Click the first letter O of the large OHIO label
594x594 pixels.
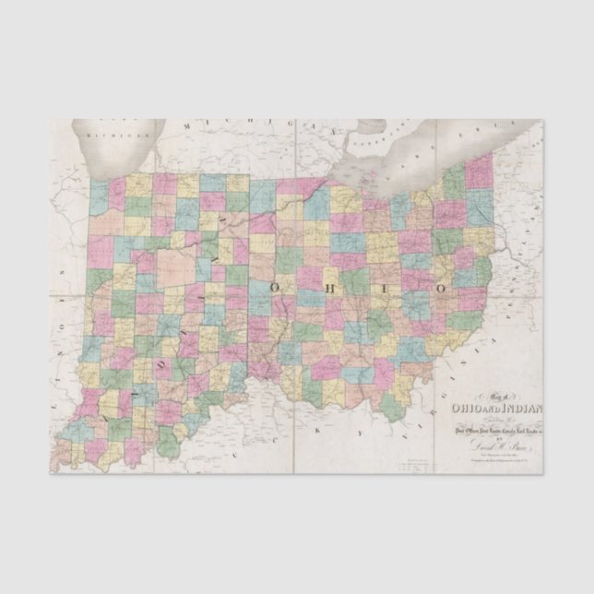(275, 289)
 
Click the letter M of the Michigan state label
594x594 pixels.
(185, 125)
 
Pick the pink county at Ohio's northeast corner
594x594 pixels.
(479, 172)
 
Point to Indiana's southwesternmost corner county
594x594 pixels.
(63, 453)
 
